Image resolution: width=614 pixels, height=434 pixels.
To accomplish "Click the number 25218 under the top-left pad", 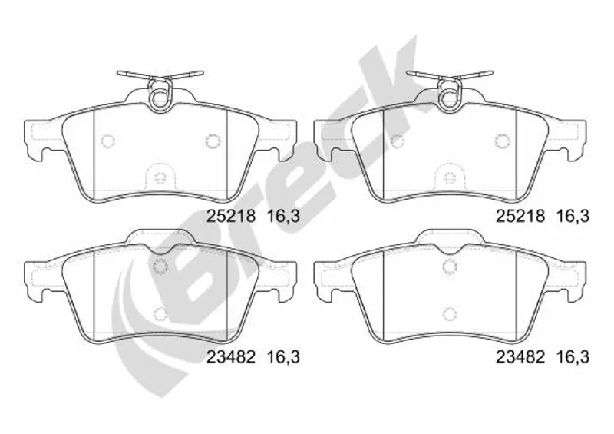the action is coord(231,216).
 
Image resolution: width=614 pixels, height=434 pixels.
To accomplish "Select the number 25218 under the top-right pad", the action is coord(520,216).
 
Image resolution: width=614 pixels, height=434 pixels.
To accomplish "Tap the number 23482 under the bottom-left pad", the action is coord(231,356).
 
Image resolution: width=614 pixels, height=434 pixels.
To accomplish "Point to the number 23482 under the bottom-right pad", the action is coord(520,356).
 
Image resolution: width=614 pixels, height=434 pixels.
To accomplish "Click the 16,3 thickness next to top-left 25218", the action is coord(283,216).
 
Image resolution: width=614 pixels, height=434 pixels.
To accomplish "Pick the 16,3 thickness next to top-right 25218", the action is coord(573,216).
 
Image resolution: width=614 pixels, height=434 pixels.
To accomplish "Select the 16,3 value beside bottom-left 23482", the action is coord(283,356).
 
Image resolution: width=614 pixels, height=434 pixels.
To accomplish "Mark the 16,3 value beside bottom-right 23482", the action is coord(573,356).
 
